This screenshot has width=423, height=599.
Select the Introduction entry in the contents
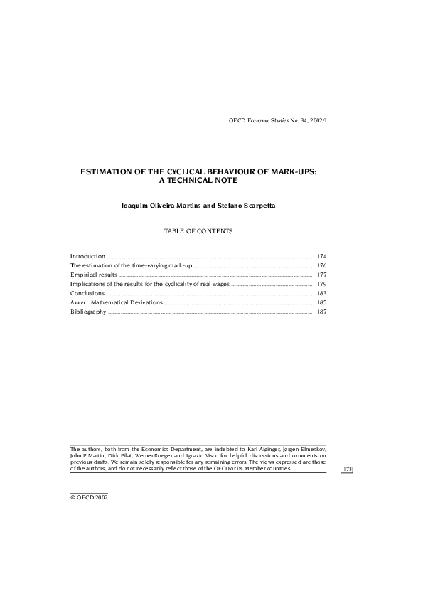pos(87,255)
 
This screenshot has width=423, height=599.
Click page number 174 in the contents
pos(321,255)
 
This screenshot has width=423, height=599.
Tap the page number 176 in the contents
pos(321,265)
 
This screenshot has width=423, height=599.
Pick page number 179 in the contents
pos(321,283)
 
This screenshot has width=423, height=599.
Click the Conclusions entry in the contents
pos(87,293)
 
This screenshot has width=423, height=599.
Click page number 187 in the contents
pos(321,312)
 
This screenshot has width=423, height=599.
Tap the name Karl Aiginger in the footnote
pos(264,450)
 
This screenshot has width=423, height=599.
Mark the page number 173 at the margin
pos(348,470)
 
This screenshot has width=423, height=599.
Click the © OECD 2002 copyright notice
pos(88,497)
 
